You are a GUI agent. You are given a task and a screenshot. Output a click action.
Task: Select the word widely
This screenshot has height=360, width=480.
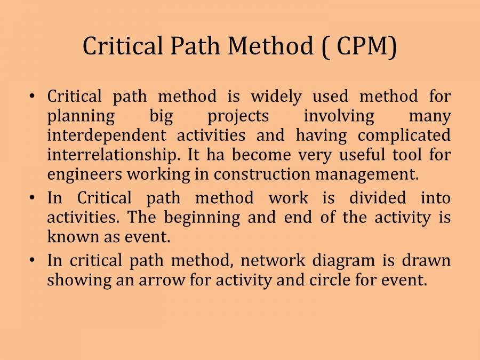[x=276, y=97]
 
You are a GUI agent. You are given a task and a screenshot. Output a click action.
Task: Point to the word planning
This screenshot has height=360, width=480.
[x=81, y=116]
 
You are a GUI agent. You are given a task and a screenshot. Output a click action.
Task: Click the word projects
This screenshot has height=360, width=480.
[x=238, y=116]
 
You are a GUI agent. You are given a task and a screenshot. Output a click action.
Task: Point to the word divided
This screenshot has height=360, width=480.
[x=378, y=198]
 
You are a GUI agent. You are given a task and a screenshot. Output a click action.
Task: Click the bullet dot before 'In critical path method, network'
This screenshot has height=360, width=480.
[x=33, y=260]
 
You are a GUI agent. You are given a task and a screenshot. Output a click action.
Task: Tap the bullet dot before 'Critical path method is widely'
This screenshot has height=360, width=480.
[x=33, y=97]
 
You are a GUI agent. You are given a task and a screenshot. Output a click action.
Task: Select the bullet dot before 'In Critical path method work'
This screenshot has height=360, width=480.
[x=33, y=198]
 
